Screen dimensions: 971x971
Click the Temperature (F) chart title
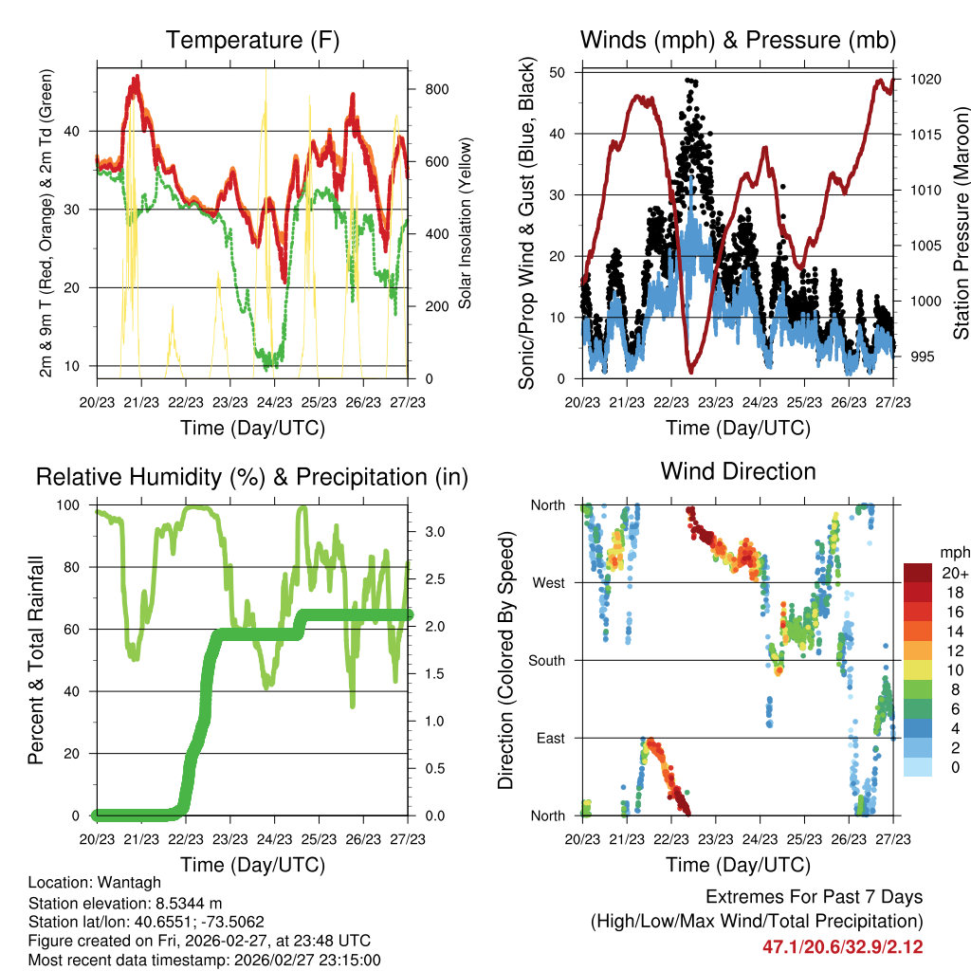252,40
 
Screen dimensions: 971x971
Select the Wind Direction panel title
738,470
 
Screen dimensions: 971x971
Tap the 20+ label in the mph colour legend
953,573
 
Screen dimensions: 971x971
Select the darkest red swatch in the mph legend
918,573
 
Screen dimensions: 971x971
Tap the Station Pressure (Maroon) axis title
960,224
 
